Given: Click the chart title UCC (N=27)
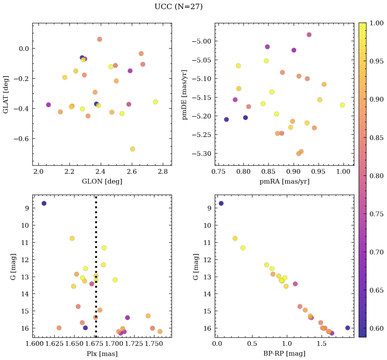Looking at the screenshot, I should point(178,7).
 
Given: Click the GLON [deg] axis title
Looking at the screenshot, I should point(102,182).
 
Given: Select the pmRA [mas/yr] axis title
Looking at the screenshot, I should point(284,182).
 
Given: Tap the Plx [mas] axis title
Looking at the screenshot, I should point(102,354).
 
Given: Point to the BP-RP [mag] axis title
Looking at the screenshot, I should point(284,354).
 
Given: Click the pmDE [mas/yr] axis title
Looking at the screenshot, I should point(185,95).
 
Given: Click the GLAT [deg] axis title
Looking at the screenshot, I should point(5,95).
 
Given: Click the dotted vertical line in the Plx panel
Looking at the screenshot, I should point(96,236).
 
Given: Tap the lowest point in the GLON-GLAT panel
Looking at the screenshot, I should point(132,149).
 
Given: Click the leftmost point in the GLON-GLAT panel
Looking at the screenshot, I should point(49,105).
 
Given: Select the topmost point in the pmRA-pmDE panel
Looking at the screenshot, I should point(309,35).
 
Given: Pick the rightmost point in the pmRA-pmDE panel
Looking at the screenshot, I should point(343,105).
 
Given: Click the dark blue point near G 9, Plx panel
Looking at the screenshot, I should point(44,203).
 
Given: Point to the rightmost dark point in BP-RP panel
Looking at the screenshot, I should point(348,328).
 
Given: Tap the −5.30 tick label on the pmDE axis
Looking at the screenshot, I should point(202,154).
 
